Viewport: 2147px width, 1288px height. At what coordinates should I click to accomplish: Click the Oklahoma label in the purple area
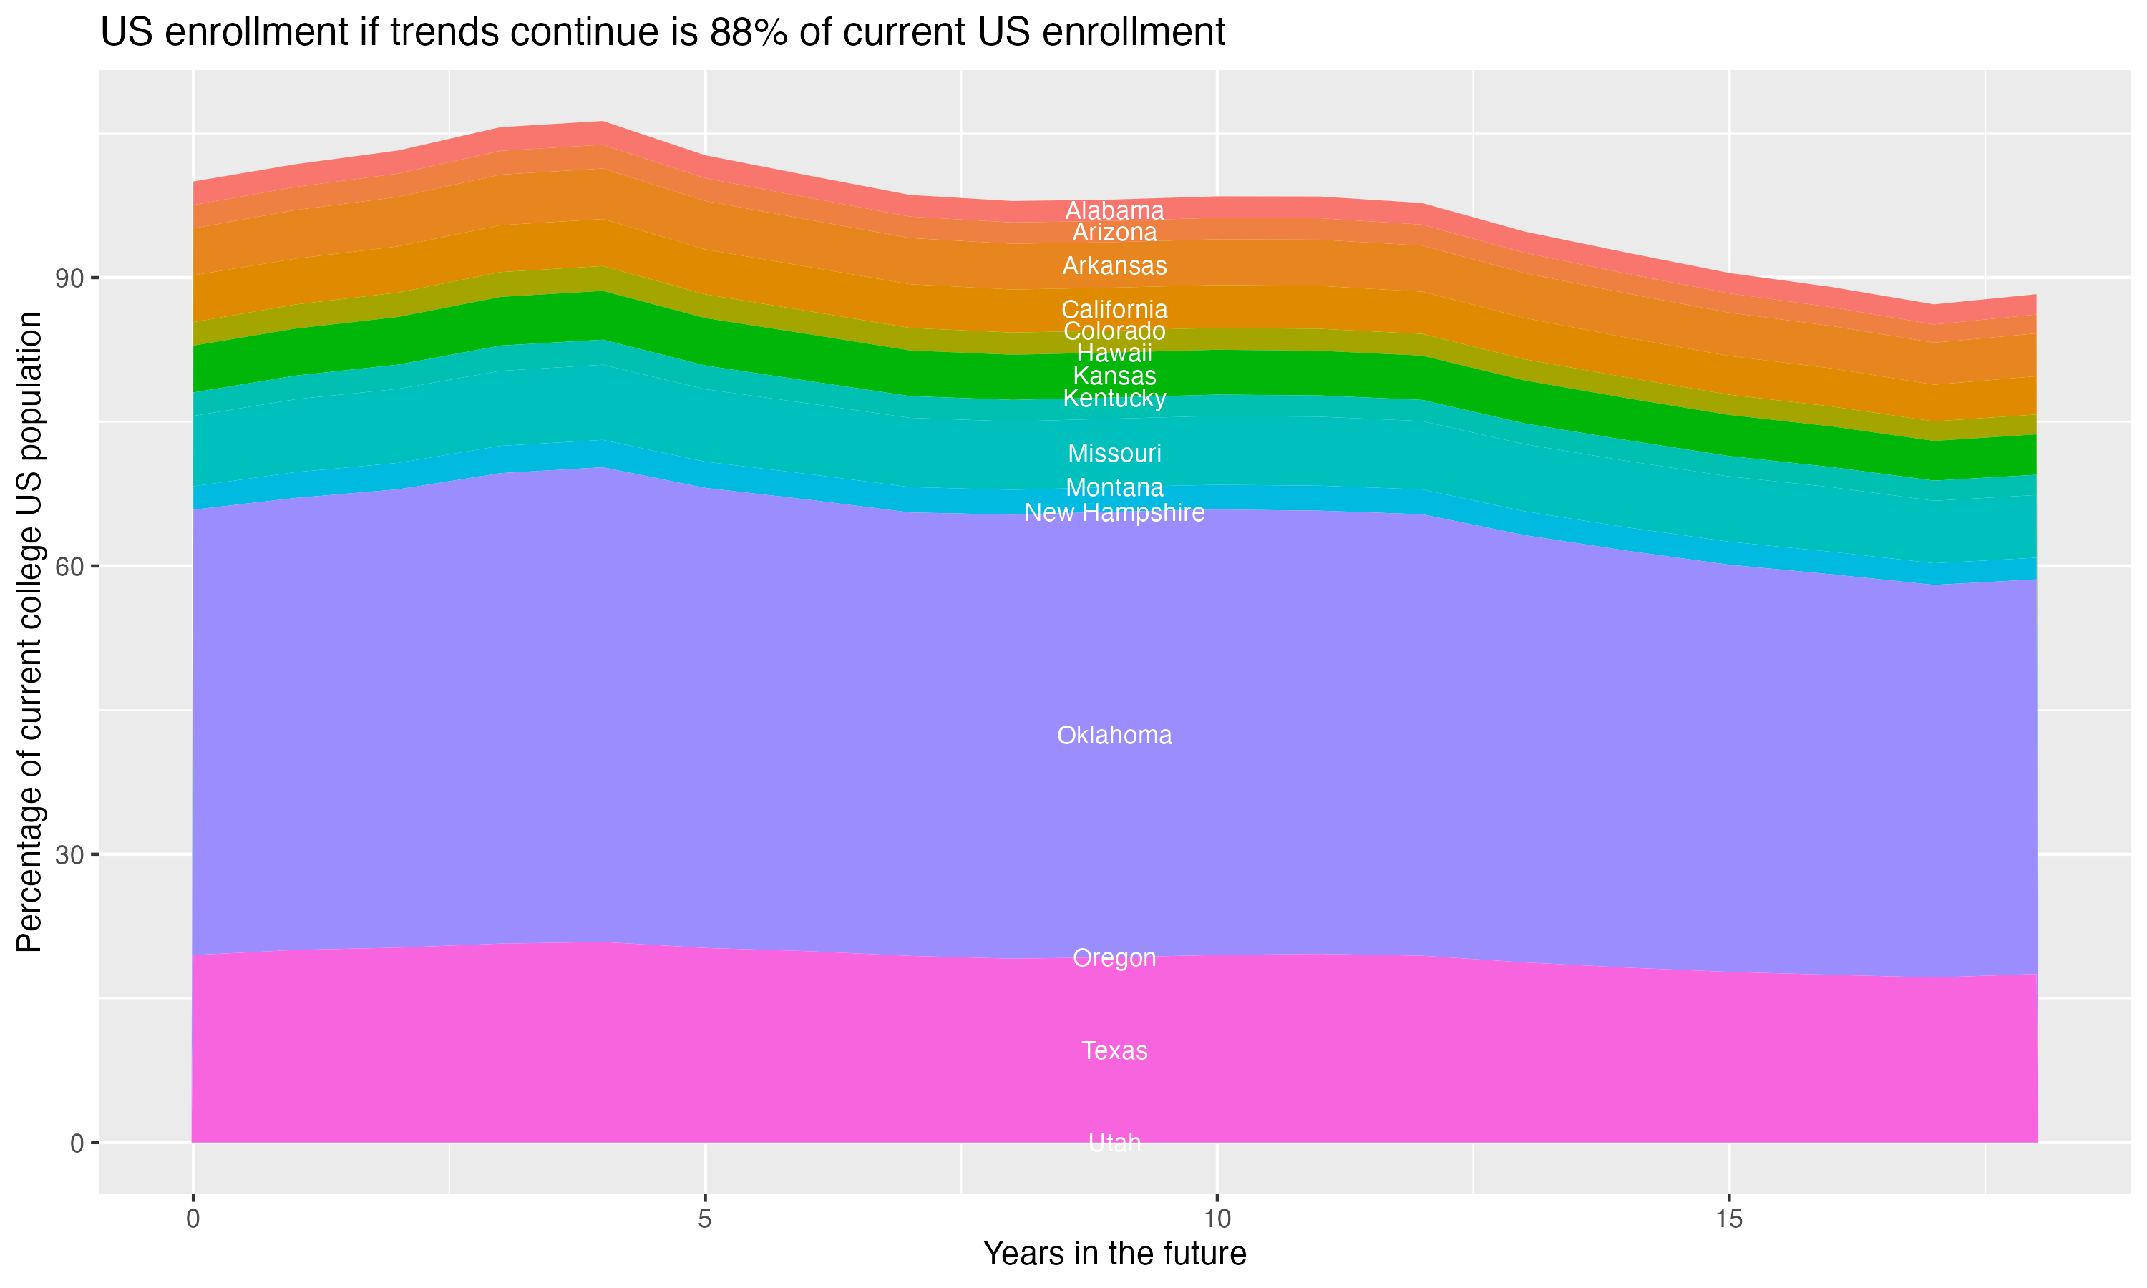tap(1114, 735)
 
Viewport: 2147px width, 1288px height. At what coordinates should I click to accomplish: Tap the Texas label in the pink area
tap(1114, 1050)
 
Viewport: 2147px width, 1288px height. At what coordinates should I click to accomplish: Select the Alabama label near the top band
tap(1114, 210)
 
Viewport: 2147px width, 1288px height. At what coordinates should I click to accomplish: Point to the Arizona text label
tap(1114, 233)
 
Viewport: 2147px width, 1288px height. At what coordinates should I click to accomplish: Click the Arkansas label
tap(1114, 265)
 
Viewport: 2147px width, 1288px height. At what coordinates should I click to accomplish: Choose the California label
tap(1114, 309)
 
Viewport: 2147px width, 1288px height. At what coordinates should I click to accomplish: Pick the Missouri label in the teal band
tap(1114, 453)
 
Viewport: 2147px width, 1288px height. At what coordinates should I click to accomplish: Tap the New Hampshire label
tap(1114, 513)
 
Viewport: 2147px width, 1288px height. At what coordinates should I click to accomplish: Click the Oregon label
tap(1114, 957)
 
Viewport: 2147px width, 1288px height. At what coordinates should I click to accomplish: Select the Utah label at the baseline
tap(1114, 1143)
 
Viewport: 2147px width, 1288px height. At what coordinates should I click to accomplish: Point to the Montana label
tap(1114, 488)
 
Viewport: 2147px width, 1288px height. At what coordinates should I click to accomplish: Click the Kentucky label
tap(1114, 399)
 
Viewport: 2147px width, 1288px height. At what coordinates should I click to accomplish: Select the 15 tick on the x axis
tap(1729, 1219)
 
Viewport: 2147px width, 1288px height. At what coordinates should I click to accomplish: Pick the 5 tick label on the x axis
tap(705, 1219)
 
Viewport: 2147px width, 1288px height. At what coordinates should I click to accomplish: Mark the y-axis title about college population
tap(29, 632)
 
